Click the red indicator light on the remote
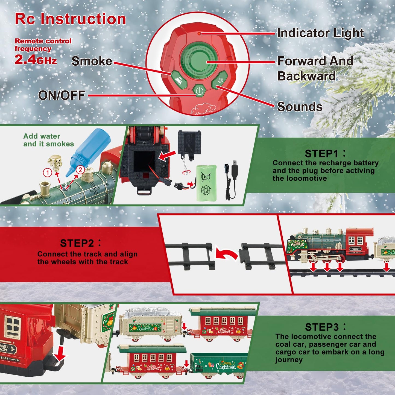(199, 34)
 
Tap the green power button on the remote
(200, 91)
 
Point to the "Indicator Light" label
(320, 33)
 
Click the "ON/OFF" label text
(62, 95)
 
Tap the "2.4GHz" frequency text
(36, 60)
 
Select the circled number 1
(48, 172)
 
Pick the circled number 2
(80, 170)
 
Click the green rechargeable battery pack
(206, 183)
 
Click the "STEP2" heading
(77, 243)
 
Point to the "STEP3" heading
(322, 327)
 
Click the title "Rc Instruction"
(70, 19)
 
